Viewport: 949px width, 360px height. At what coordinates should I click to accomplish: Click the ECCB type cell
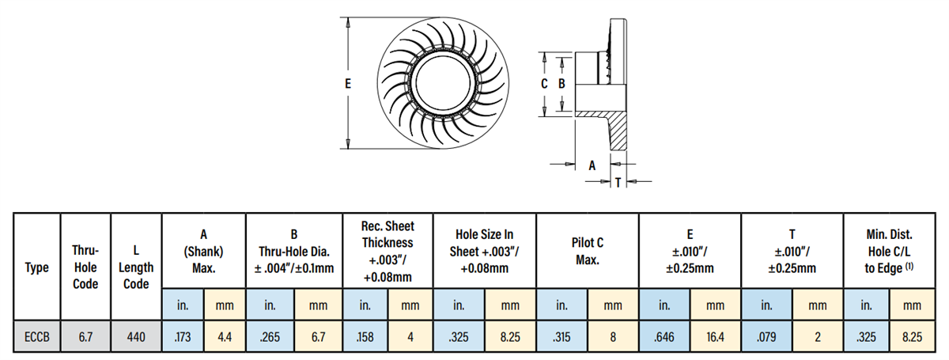(37, 336)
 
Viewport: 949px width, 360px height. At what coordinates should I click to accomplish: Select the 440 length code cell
(136, 336)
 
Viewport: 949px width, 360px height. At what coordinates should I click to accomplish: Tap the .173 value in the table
(183, 336)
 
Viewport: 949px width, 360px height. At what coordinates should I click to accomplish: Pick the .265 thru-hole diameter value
(270, 336)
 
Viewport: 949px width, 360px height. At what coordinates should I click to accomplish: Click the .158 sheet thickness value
(365, 336)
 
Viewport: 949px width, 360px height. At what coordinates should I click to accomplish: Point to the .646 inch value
(664, 336)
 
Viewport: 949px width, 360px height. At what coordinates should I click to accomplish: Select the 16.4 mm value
(715, 336)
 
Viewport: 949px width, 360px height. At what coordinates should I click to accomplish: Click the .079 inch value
(766, 336)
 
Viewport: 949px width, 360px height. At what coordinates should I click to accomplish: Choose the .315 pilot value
(561, 336)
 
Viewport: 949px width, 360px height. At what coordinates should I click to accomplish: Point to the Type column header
(37, 267)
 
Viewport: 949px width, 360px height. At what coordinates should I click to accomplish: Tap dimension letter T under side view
(617, 182)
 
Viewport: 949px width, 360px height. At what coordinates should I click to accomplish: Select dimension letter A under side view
(592, 165)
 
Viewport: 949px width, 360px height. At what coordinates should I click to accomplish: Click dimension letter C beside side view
(544, 82)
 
